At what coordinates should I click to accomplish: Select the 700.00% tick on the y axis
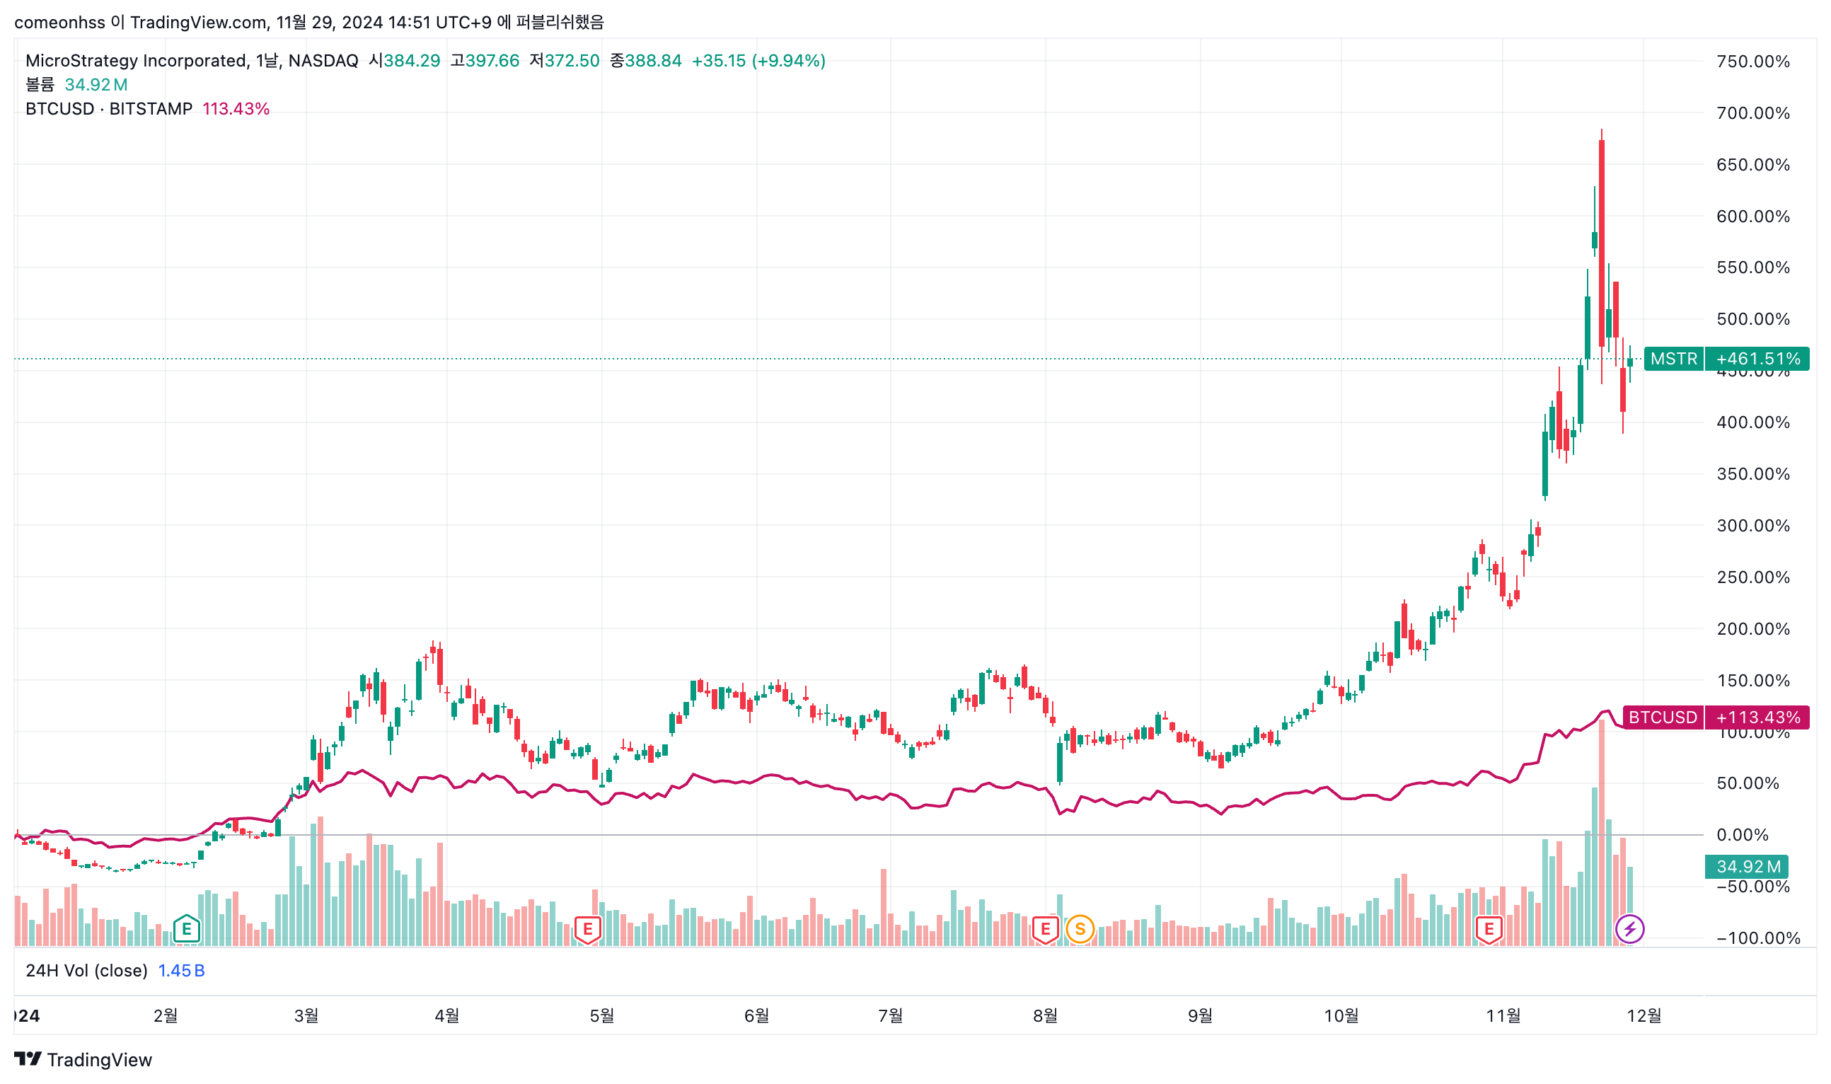click(x=1752, y=113)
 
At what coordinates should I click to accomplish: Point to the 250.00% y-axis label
click(x=1752, y=577)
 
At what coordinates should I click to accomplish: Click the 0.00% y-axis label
click(x=1742, y=835)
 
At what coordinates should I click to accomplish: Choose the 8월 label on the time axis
click(x=1044, y=1015)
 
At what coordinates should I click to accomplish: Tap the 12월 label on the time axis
click(x=1644, y=1015)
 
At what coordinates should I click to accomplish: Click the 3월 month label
click(x=306, y=1015)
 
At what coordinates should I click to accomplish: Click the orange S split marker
click(x=1080, y=929)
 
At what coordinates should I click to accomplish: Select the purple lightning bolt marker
click(x=1629, y=929)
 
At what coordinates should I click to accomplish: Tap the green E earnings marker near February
click(x=186, y=929)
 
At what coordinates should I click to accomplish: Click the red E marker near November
click(x=1489, y=929)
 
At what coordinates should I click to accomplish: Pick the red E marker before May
click(x=587, y=929)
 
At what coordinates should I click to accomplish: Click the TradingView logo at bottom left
click(x=83, y=1059)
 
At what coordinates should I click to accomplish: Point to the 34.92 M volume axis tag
click(x=1746, y=866)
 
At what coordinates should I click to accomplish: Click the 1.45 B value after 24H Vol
click(x=181, y=970)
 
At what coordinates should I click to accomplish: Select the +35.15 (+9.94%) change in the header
click(x=758, y=61)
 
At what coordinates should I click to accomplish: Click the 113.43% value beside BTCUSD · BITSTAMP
click(x=236, y=109)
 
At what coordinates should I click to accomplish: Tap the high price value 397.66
click(x=492, y=61)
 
